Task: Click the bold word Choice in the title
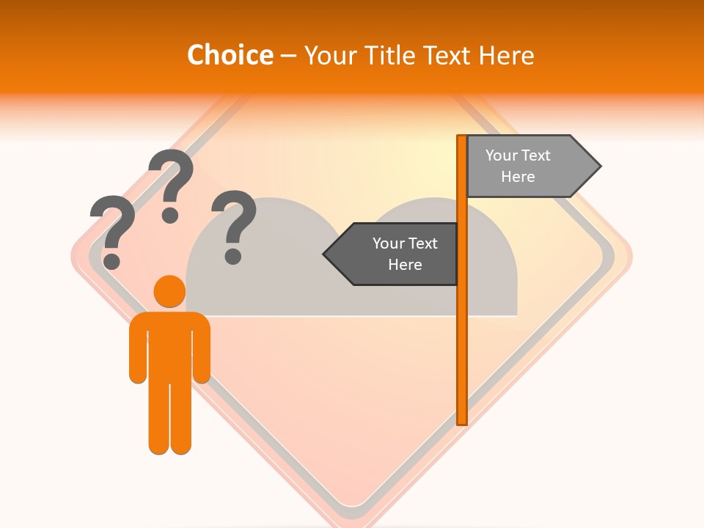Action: coord(230,55)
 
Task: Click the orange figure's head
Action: coord(169,291)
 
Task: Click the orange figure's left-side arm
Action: coord(138,348)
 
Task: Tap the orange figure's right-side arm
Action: coord(201,348)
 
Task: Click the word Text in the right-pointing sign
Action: coord(535,155)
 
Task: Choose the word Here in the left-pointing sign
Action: coord(405,265)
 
